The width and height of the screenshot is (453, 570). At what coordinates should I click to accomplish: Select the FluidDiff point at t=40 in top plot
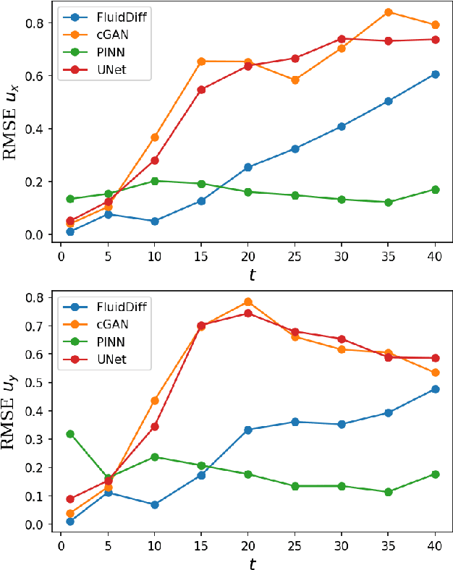(x=436, y=74)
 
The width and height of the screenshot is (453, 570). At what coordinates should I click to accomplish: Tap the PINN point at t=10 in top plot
(x=155, y=181)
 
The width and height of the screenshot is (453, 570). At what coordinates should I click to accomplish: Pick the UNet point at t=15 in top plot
(x=201, y=90)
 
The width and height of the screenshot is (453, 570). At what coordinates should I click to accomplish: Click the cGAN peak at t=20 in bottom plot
(x=248, y=302)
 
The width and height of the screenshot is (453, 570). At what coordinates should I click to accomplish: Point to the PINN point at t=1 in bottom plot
(x=70, y=434)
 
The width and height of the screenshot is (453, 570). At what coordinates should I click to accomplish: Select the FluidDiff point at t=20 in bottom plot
(x=248, y=430)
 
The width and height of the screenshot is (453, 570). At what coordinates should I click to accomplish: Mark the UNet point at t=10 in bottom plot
(x=155, y=427)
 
